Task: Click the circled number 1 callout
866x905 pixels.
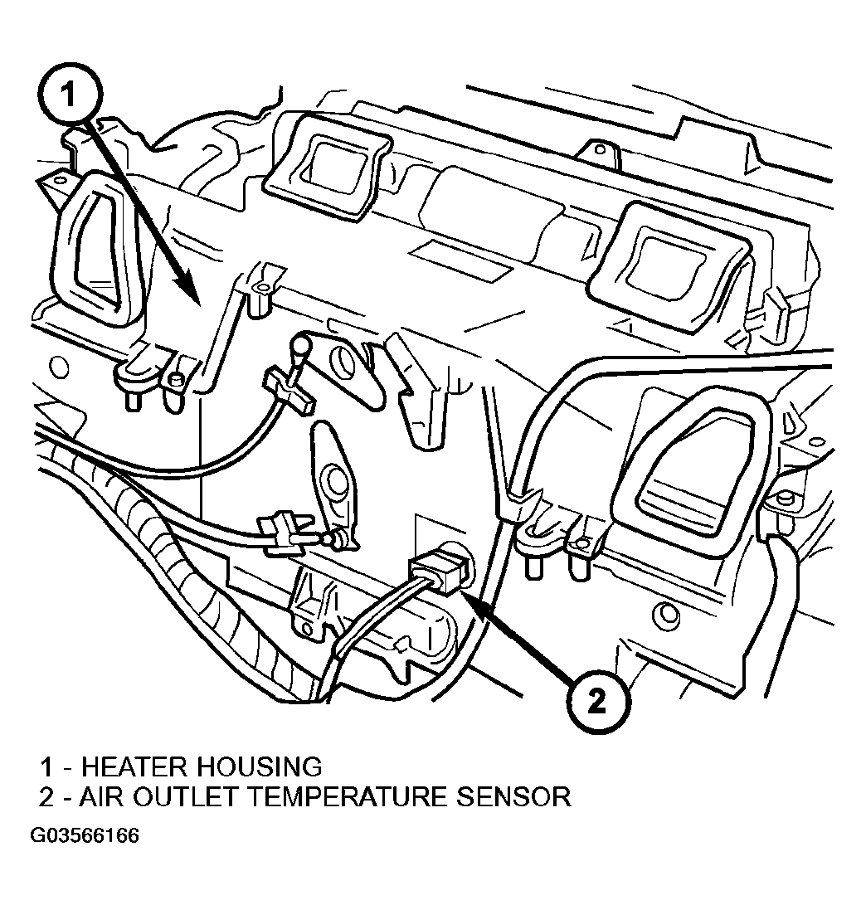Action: point(70,94)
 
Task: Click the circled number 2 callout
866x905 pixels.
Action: point(597,701)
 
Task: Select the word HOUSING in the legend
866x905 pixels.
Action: point(260,766)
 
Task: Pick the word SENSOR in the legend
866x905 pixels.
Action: point(513,796)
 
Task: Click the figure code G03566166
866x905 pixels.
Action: point(85,836)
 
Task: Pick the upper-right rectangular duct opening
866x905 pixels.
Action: point(669,266)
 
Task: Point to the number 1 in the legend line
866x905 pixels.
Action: point(47,767)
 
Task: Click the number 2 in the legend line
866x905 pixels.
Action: point(46,797)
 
